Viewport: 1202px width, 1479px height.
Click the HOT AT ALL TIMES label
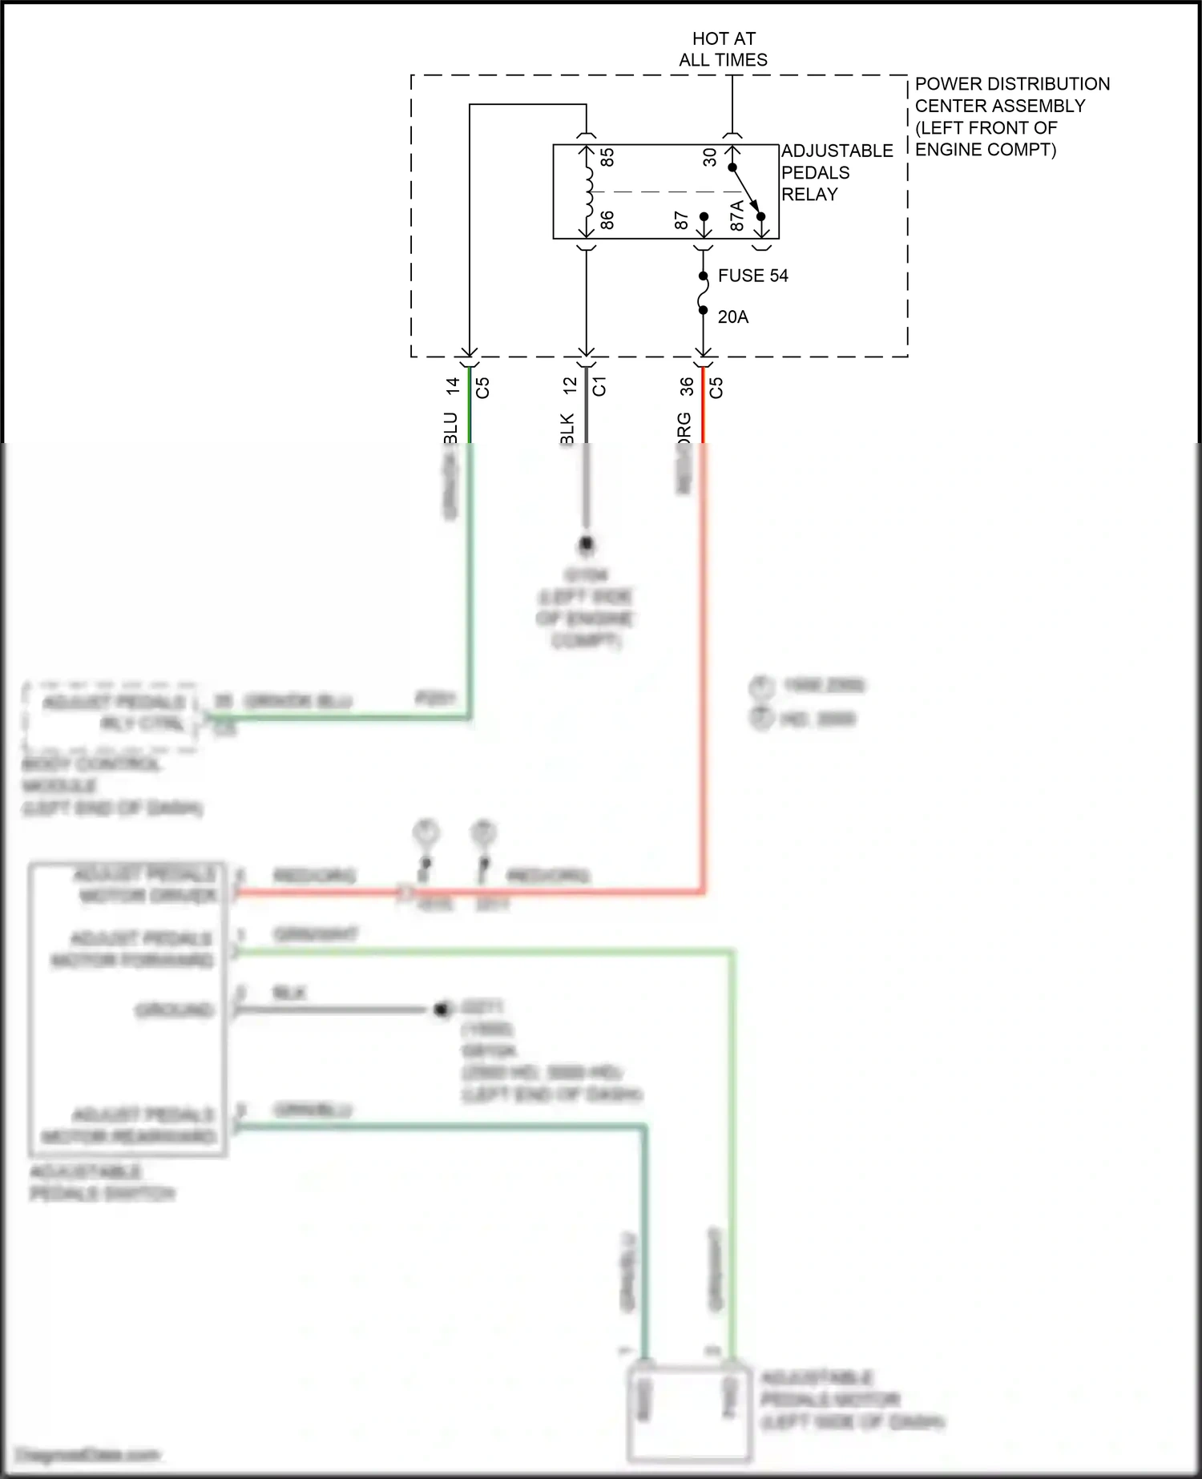pyautogui.click(x=723, y=49)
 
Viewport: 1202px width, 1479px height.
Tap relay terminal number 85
pyautogui.click(x=607, y=157)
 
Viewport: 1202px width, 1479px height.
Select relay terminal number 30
pyautogui.click(x=710, y=157)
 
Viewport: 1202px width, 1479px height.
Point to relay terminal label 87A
pyautogui.click(x=737, y=216)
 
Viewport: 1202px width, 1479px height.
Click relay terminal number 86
pyautogui.click(x=607, y=220)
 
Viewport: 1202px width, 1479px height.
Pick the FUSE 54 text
pyautogui.click(x=752, y=276)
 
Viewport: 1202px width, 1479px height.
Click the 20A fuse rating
pyautogui.click(x=732, y=317)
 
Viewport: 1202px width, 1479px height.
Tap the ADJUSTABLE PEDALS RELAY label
pyautogui.click(x=836, y=172)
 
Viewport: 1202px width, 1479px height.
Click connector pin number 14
pyautogui.click(x=453, y=386)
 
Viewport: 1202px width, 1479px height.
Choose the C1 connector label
pyautogui.click(x=599, y=386)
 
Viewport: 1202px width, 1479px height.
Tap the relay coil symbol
pyautogui.click(x=588, y=191)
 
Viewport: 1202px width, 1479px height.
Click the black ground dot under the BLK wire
pyautogui.click(x=587, y=545)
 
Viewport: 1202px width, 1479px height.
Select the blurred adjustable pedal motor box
pyautogui.click(x=688, y=1414)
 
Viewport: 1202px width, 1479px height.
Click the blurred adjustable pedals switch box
pyautogui.click(x=128, y=1010)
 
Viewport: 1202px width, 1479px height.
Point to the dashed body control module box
pyautogui.click(x=111, y=717)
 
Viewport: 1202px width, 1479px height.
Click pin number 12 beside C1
pyautogui.click(x=570, y=385)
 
